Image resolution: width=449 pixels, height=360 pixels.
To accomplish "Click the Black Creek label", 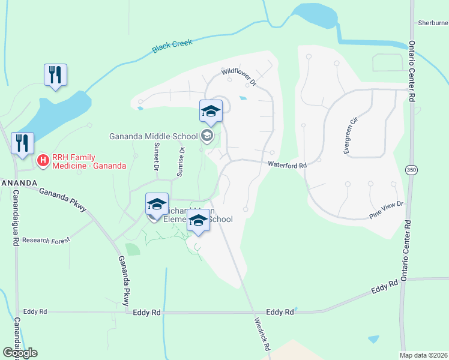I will click(x=173, y=46).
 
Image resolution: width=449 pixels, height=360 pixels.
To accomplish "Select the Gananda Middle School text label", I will click(x=153, y=136).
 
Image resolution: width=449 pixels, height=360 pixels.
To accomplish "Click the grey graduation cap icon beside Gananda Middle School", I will click(x=207, y=136).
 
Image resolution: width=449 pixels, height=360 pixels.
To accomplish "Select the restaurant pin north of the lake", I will click(x=55, y=75).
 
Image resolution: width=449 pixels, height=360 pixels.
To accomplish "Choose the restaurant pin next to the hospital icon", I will click(x=22, y=144).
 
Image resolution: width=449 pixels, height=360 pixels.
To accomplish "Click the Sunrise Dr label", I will click(x=179, y=162).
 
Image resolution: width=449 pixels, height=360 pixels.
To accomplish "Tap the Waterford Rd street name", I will click(x=288, y=164).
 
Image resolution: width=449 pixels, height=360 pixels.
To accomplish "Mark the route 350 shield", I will click(x=411, y=170).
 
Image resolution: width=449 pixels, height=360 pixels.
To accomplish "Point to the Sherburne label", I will click(x=433, y=23).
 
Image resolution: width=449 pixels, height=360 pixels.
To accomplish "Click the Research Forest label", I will click(x=46, y=240).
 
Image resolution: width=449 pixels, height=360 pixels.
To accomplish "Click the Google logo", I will click(x=20, y=353).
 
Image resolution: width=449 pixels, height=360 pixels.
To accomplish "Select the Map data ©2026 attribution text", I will click(x=423, y=355).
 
